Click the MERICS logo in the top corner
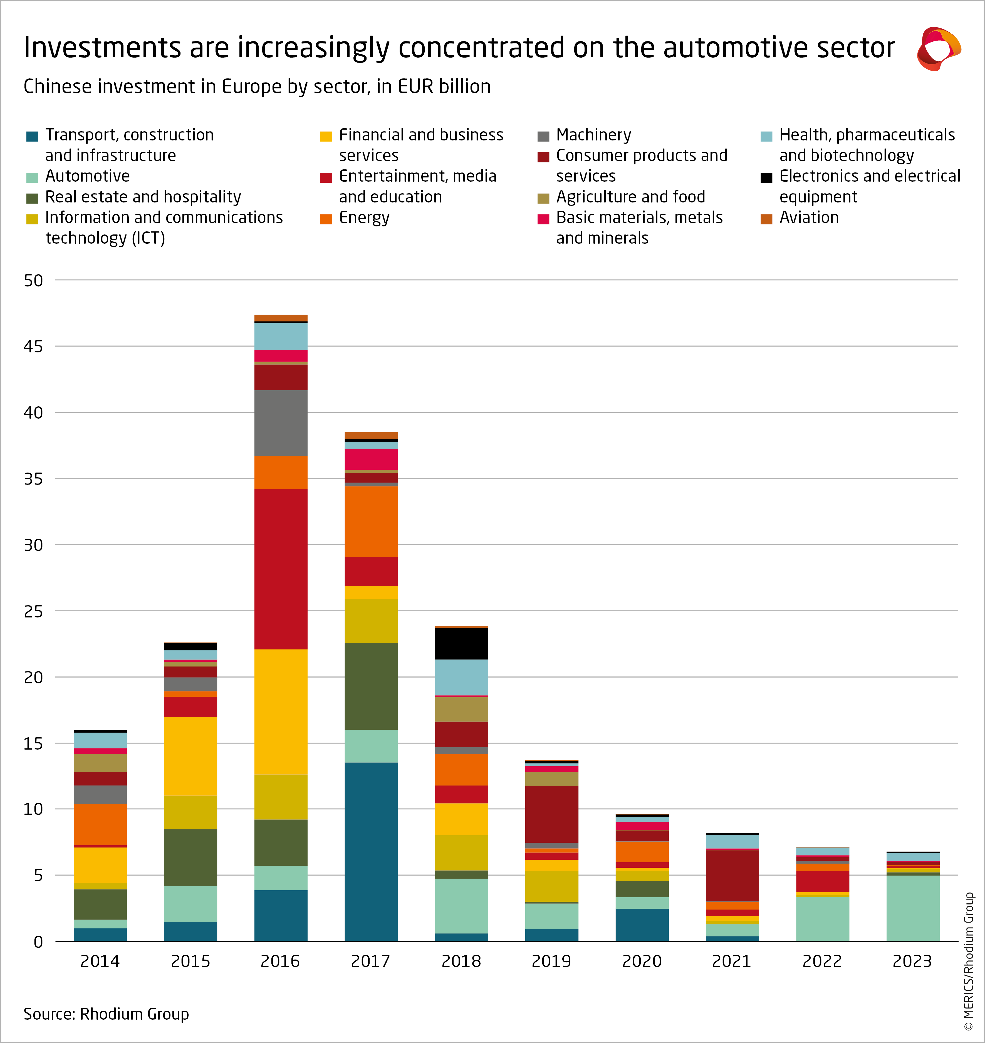(939, 48)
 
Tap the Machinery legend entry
(593, 135)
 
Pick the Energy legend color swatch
(326, 219)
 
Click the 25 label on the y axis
(33, 611)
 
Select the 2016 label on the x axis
(280, 961)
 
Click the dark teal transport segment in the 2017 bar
(371, 851)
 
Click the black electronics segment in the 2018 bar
(462, 643)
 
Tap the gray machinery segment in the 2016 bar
(281, 423)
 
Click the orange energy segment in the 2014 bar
(100, 825)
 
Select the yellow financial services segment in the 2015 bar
(190, 756)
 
